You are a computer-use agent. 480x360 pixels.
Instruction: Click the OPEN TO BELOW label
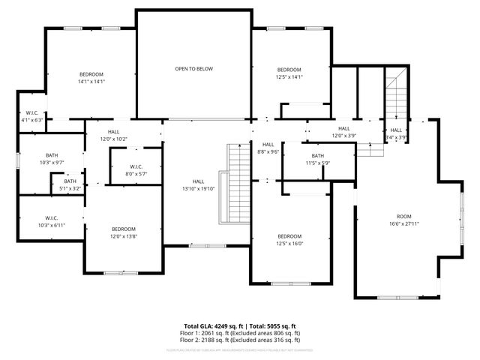pyautogui.click(x=193, y=69)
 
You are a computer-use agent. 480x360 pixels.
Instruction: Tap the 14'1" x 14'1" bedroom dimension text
pyautogui.click(x=91, y=82)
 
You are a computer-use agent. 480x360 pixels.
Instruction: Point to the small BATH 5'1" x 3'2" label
pyautogui.click(x=70, y=184)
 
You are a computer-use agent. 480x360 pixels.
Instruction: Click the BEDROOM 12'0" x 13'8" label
pyautogui.click(x=124, y=232)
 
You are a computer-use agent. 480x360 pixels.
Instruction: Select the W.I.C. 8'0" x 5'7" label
pyautogui.click(x=136, y=170)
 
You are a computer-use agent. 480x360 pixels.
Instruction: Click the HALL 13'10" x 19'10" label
pyautogui.click(x=198, y=185)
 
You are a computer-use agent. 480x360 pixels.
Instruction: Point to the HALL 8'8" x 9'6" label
pyautogui.click(x=268, y=148)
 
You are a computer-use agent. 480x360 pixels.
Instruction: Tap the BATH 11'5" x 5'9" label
pyautogui.click(x=317, y=160)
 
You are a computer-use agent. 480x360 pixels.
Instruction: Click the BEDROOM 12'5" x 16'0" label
pyautogui.click(x=289, y=239)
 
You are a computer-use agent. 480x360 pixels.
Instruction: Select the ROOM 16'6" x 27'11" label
pyautogui.click(x=403, y=220)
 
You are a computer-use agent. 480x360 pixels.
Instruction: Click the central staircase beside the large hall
pyautogui.click(x=238, y=184)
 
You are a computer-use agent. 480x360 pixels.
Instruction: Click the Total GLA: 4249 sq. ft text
pyautogui.click(x=214, y=326)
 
